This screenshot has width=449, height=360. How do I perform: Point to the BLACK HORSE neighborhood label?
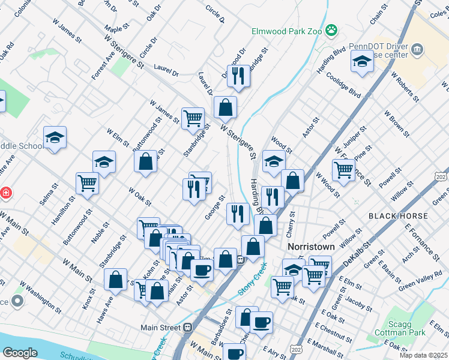click(x=399, y=216)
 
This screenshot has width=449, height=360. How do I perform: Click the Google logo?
click(x=20, y=353)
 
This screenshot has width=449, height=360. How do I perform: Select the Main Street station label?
click(x=160, y=328)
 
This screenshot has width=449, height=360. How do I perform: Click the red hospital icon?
click(x=5, y=193)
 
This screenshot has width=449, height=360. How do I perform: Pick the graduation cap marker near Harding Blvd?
click(x=362, y=62)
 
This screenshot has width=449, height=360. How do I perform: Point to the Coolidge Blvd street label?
click(x=343, y=85)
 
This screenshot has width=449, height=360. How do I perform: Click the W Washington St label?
click(x=40, y=297)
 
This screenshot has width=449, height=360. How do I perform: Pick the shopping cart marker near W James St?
click(x=193, y=118)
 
